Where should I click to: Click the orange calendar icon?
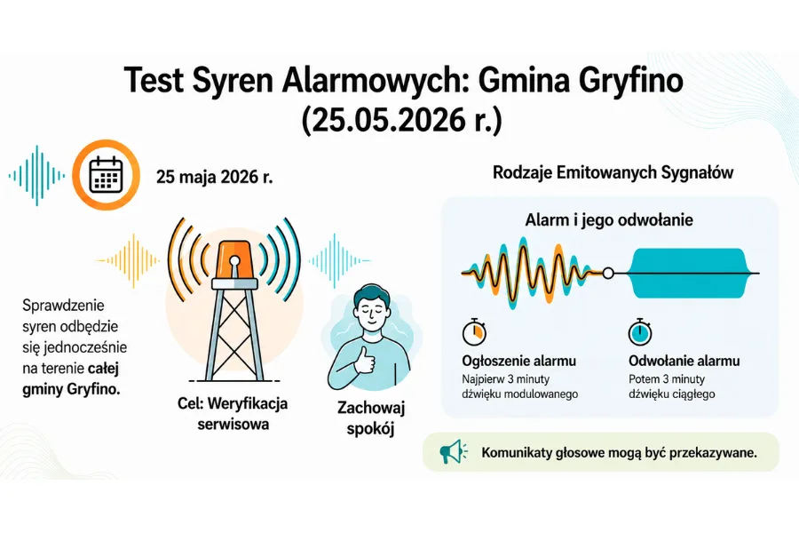coord(106,174)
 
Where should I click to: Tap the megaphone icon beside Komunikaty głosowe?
coord(453,452)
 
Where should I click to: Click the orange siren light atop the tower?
coord(234,259)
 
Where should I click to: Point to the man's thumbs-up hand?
coord(365,360)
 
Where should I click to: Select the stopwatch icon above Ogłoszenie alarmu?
coord(474,331)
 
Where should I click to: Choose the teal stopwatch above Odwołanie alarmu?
coord(640,331)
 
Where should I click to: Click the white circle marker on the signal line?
coord(608,274)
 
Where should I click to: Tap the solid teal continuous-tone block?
coord(689,273)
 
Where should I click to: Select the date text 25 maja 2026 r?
coord(215,177)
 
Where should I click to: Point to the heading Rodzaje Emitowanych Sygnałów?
coord(613,172)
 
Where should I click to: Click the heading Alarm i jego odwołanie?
coord(609,219)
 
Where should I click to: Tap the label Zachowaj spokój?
coord(371,418)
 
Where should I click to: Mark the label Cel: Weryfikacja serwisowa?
coord(233,414)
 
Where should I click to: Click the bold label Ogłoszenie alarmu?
coord(518,362)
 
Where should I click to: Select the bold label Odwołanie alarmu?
coord(684,362)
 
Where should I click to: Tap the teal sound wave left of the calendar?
coord(36,176)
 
